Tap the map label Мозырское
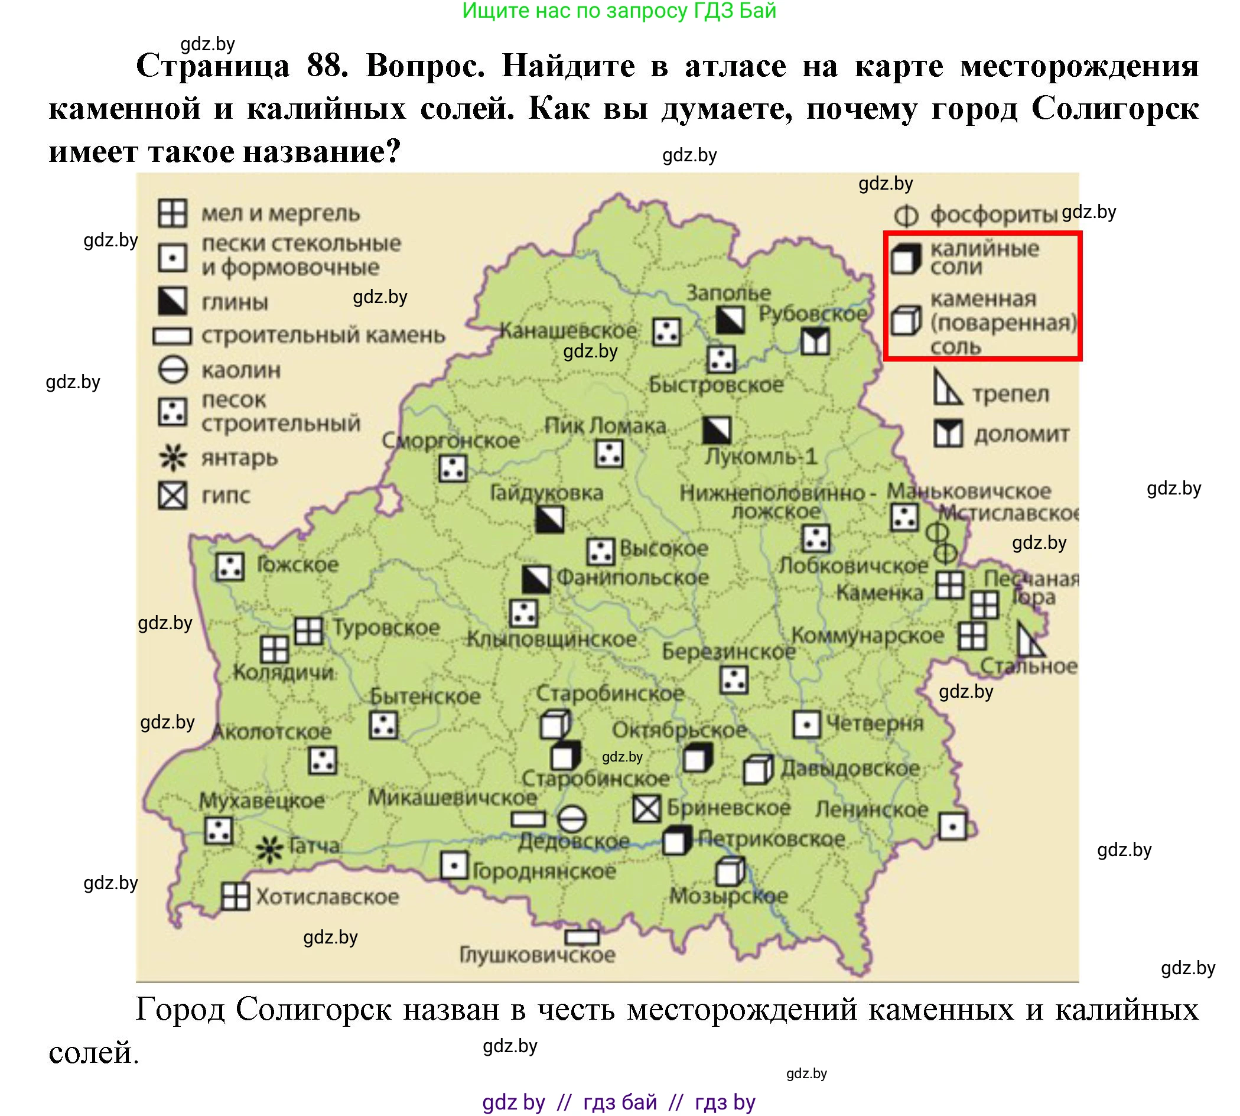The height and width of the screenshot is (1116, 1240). (x=728, y=896)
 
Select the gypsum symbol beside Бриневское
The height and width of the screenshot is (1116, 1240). (x=646, y=809)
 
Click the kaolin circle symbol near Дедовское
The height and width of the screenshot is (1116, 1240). (x=571, y=819)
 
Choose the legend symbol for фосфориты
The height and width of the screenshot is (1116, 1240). (x=906, y=216)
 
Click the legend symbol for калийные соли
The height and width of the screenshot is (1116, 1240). (x=906, y=258)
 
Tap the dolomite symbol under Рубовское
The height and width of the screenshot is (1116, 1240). (x=815, y=341)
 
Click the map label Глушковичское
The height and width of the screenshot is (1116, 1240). (x=537, y=955)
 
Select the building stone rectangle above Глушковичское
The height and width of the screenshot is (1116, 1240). (x=581, y=937)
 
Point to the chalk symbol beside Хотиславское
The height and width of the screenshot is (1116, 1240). (x=235, y=896)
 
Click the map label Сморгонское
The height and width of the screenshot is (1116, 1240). (x=451, y=440)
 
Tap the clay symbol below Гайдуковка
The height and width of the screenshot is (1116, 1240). (x=549, y=519)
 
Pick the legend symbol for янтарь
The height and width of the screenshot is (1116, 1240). (x=173, y=457)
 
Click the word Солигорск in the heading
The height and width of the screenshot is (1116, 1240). (x=1114, y=109)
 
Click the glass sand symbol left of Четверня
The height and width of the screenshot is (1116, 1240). (x=806, y=725)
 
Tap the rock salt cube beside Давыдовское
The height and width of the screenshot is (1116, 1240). (x=758, y=770)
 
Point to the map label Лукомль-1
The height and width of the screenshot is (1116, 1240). (x=760, y=457)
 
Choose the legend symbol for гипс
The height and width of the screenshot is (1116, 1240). (x=173, y=496)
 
